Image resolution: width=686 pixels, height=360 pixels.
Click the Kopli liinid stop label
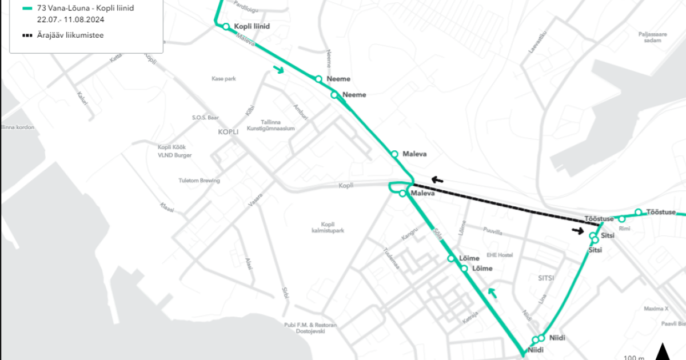[x=252, y=26]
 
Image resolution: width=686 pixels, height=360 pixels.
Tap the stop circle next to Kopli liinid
[x=226, y=26]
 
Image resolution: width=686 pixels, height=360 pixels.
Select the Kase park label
[x=224, y=79]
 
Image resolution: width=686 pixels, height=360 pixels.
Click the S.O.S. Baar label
[x=205, y=117]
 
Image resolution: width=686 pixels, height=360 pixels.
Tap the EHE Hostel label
[x=500, y=255]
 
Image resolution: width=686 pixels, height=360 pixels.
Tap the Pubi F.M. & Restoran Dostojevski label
[x=310, y=328]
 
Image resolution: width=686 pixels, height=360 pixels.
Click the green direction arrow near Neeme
[x=278, y=70]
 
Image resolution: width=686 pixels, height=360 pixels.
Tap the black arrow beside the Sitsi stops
[x=578, y=231]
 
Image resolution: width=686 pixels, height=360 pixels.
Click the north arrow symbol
[x=663, y=351]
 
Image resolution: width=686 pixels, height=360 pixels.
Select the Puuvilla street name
[x=492, y=233]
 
